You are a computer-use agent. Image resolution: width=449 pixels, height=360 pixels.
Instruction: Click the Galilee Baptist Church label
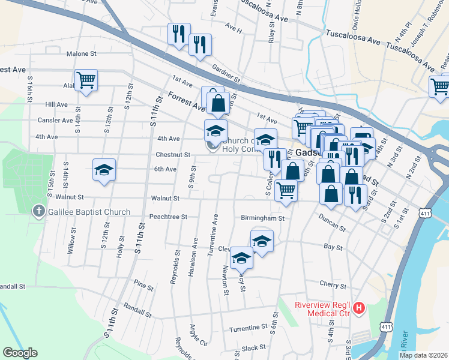89,212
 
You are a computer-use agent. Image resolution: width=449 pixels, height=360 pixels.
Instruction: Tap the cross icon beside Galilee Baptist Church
38,211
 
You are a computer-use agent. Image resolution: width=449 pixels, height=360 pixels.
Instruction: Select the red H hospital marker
359,308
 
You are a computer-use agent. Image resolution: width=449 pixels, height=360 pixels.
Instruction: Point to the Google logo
20,353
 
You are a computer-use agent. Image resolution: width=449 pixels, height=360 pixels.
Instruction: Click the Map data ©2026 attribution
423,355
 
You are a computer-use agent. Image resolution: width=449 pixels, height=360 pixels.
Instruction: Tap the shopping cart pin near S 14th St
86,80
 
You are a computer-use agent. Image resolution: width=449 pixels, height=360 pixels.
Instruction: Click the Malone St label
82,53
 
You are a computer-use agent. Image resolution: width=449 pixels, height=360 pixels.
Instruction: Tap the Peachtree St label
168,216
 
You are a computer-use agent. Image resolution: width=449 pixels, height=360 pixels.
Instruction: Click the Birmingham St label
262,218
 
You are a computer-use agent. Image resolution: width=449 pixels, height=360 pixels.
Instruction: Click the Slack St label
254,347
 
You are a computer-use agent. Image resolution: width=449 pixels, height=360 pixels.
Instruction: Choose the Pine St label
144,285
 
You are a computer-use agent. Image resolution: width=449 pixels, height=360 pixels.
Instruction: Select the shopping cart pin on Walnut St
286,191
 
